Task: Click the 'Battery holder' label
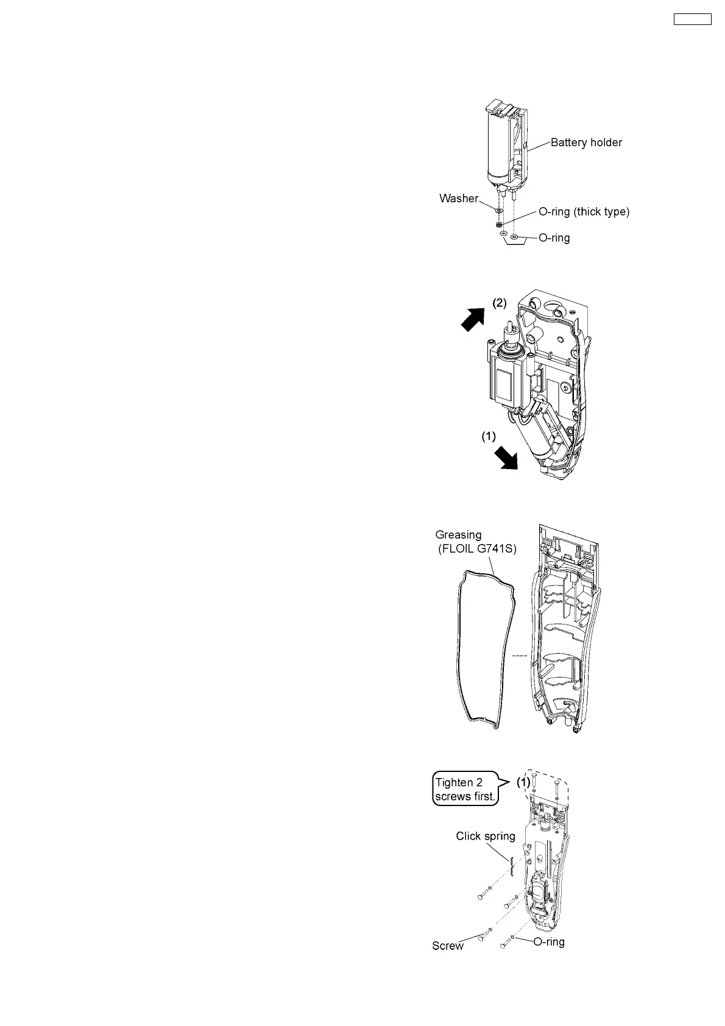click(x=586, y=143)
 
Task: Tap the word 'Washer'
click(x=458, y=198)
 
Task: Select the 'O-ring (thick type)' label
click(x=584, y=212)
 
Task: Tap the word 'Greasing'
click(x=458, y=535)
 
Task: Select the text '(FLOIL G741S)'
click(x=477, y=549)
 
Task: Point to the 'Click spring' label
click(x=486, y=836)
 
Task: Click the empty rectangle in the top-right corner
click(x=692, y=19)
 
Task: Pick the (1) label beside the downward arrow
click(x=489, y=436)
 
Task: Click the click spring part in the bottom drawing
click(x=512, y=865)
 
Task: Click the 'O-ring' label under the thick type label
click(x=554, y=238)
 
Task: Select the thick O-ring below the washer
click(x=499, y=224)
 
